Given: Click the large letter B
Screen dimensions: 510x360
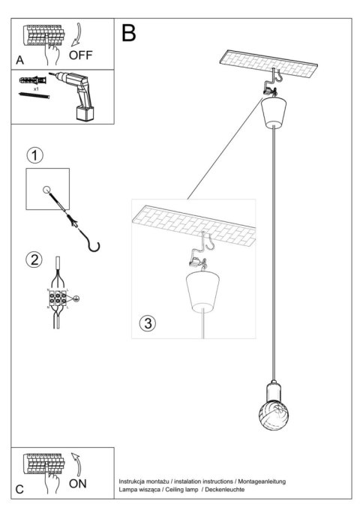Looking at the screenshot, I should click(x=129, y=33).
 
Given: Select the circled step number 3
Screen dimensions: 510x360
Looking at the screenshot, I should click(x=148, y=324).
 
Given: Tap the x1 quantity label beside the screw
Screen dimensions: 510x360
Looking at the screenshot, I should click(x=35, y=88).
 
